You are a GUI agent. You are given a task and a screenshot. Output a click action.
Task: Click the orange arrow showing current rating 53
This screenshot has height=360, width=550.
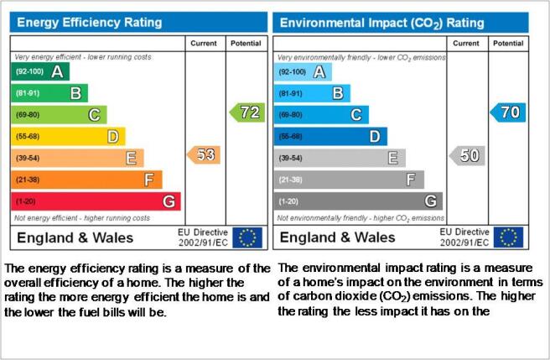(204, 155)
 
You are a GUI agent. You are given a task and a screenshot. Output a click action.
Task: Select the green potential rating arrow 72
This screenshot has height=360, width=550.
(247, 112)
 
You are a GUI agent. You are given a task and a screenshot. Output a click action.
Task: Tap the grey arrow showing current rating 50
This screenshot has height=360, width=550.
(467, 155)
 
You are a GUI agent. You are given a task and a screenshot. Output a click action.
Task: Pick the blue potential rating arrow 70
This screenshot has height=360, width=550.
(508, 112)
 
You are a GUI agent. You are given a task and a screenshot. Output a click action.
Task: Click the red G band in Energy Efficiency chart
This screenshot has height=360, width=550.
(96, 201)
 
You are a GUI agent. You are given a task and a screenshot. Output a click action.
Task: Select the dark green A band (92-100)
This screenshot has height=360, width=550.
(40, 71)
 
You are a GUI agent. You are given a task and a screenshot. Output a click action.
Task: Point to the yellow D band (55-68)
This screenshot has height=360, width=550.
(69, 136)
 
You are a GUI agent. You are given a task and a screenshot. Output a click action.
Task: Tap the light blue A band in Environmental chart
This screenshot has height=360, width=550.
(303, 72)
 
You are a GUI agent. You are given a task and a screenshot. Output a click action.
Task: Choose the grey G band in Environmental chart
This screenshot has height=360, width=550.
(358, 201)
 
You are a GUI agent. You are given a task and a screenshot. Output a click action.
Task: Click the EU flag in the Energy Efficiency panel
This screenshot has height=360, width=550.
(247, 237)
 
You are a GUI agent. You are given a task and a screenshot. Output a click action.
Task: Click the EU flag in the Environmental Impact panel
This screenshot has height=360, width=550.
(508, 237)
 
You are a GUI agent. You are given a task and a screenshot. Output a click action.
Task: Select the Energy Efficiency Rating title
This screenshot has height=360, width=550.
(90, 23)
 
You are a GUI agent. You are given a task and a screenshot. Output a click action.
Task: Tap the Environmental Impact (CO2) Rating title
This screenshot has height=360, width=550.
(382, 23)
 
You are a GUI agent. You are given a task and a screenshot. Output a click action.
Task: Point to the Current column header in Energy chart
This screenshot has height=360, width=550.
(204, 43)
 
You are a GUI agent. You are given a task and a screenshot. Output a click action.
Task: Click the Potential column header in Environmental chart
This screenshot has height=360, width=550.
(508, 43)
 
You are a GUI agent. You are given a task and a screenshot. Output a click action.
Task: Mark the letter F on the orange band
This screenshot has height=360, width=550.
(149, 180)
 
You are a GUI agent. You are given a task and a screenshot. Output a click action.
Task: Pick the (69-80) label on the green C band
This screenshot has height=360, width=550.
(28, 115)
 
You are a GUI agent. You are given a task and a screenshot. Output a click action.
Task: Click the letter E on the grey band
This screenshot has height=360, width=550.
(393, 158)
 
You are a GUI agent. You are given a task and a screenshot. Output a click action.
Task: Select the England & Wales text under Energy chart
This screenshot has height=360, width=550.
(75, 237)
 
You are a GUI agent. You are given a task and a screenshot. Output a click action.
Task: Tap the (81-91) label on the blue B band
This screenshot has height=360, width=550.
(290, 94)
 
